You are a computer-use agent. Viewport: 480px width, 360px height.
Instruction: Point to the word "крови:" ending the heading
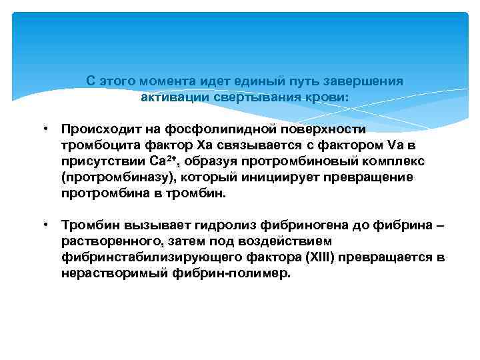pyautogui.click(x=330, y=97)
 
